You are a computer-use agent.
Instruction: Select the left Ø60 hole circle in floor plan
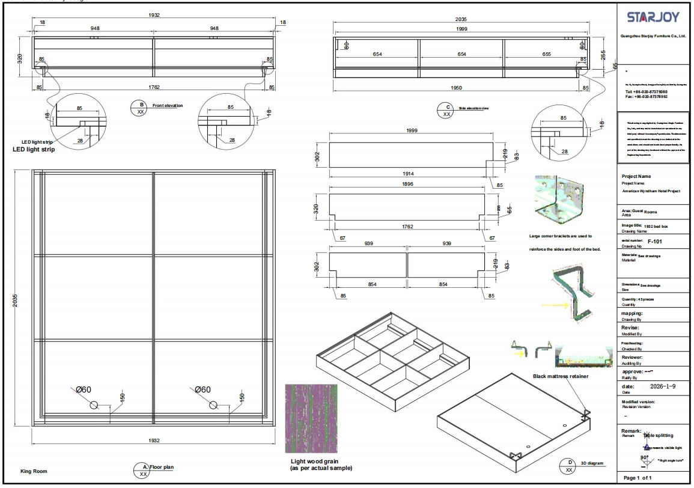pos(94,405)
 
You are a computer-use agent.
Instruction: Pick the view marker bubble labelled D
pos(568,466)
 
